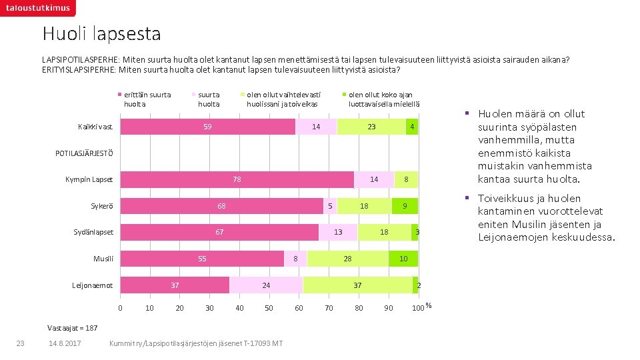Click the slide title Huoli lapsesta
point(101,33)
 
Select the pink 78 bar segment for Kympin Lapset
point(237,179)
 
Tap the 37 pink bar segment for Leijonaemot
point(175,285)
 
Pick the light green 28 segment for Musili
point(347,258)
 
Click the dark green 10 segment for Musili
point(403,258)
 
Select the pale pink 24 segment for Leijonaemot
point(266,285)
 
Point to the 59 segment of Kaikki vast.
point(207,127)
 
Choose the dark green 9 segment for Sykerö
point(405,206)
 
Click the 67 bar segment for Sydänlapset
point(219,232)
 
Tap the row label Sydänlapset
point(93,233)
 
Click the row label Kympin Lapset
point(89,180)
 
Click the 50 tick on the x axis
point(269,308)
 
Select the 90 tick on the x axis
point(388,308)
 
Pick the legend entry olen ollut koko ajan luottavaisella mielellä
point(380,99)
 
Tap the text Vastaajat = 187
point(73,328)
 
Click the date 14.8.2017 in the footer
point(65,343)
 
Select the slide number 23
point(20,343)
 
